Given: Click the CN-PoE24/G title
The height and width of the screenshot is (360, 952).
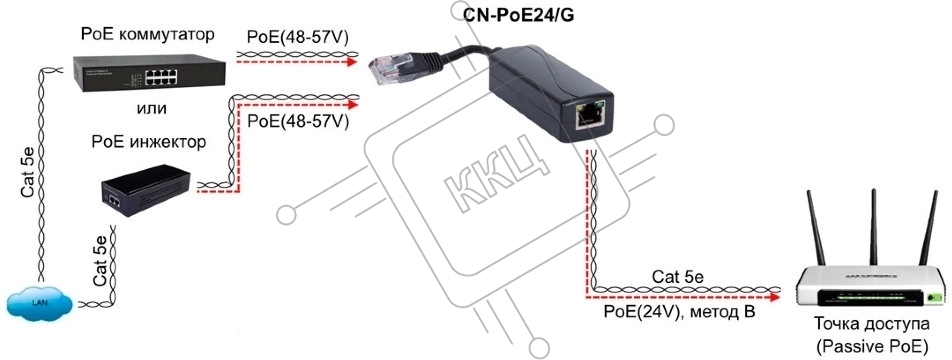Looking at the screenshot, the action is pos(519,15).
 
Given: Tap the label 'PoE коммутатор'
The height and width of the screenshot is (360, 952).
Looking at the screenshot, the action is pos(148,35).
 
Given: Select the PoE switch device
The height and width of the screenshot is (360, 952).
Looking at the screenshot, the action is pos(149,73).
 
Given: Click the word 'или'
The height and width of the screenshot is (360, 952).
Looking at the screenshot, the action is pos(151,109).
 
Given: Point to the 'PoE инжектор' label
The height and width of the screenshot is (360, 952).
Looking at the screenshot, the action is pos(148,143).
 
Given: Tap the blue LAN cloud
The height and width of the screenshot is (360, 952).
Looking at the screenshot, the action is pos(40,301).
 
